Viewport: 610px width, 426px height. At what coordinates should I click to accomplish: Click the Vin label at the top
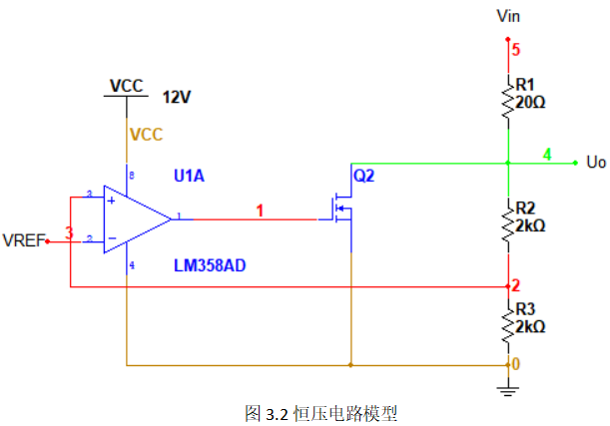(x=508, y=17)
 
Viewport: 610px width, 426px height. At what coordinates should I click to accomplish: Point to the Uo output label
(x=596, y=162)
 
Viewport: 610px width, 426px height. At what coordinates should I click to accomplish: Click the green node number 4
(x=547, y=154)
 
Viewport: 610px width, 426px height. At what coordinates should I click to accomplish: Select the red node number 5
(x=516, y=48)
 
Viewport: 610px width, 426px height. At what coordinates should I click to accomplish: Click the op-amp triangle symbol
(x=135, y=216)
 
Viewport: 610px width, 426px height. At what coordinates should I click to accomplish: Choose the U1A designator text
(x=189, y=176)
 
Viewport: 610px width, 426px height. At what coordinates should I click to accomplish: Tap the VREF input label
(x=23, y=240)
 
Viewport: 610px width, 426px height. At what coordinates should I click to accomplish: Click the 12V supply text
(x=176, y=97)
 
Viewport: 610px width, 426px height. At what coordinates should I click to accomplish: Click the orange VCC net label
(x=145, y=134)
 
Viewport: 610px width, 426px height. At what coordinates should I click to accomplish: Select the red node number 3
(x=69, y=232)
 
